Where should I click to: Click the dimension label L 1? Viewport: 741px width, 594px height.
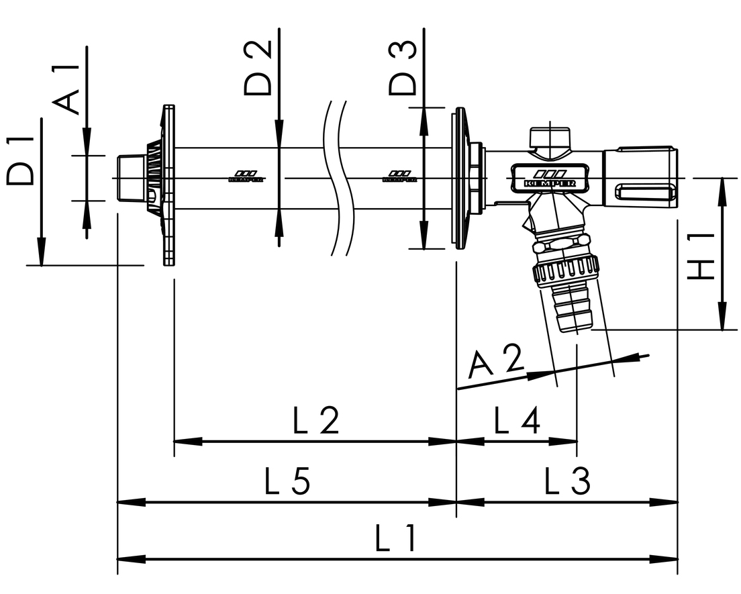point(396,539)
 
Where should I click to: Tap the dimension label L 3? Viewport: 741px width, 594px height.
point(567,481)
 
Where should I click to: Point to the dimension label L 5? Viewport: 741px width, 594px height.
point(287,481)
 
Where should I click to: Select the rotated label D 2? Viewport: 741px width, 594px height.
point(258,67)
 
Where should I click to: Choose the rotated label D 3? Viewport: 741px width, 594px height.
point(403,67)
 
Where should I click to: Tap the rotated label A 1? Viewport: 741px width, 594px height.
point(67,91)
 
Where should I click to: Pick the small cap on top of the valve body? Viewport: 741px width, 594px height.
point(550,138)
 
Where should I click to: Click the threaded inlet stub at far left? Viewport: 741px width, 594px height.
point(129,178)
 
